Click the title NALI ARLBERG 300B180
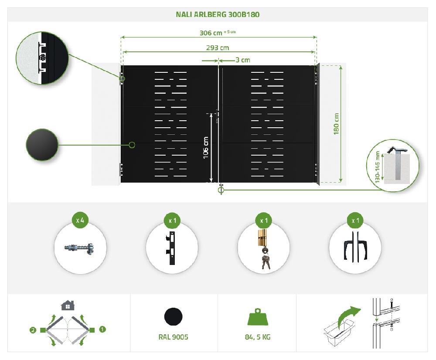pyautogui.click(x=218, y=14)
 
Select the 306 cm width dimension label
pyautogui.click(x=211, y=33)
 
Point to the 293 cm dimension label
pyautogui.click(x=218, y=48)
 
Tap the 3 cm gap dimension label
pyautogui.click(x=242, y=60)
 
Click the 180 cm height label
pyautogui.click(x=337, y=124)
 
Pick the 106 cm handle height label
pyautogui.click(x=206, y=148)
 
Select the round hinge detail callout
pyautogui.click(x=42, y=58)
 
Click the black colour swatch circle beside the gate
pyautogui.click(x=42, y=145)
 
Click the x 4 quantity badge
pyautogui.click(x=80, y=220)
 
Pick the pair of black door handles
pyautogui.click(x=355, y=249)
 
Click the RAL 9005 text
pyautogui.click(x=174, y=337)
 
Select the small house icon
pyautogui.click(x=68, y=305)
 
